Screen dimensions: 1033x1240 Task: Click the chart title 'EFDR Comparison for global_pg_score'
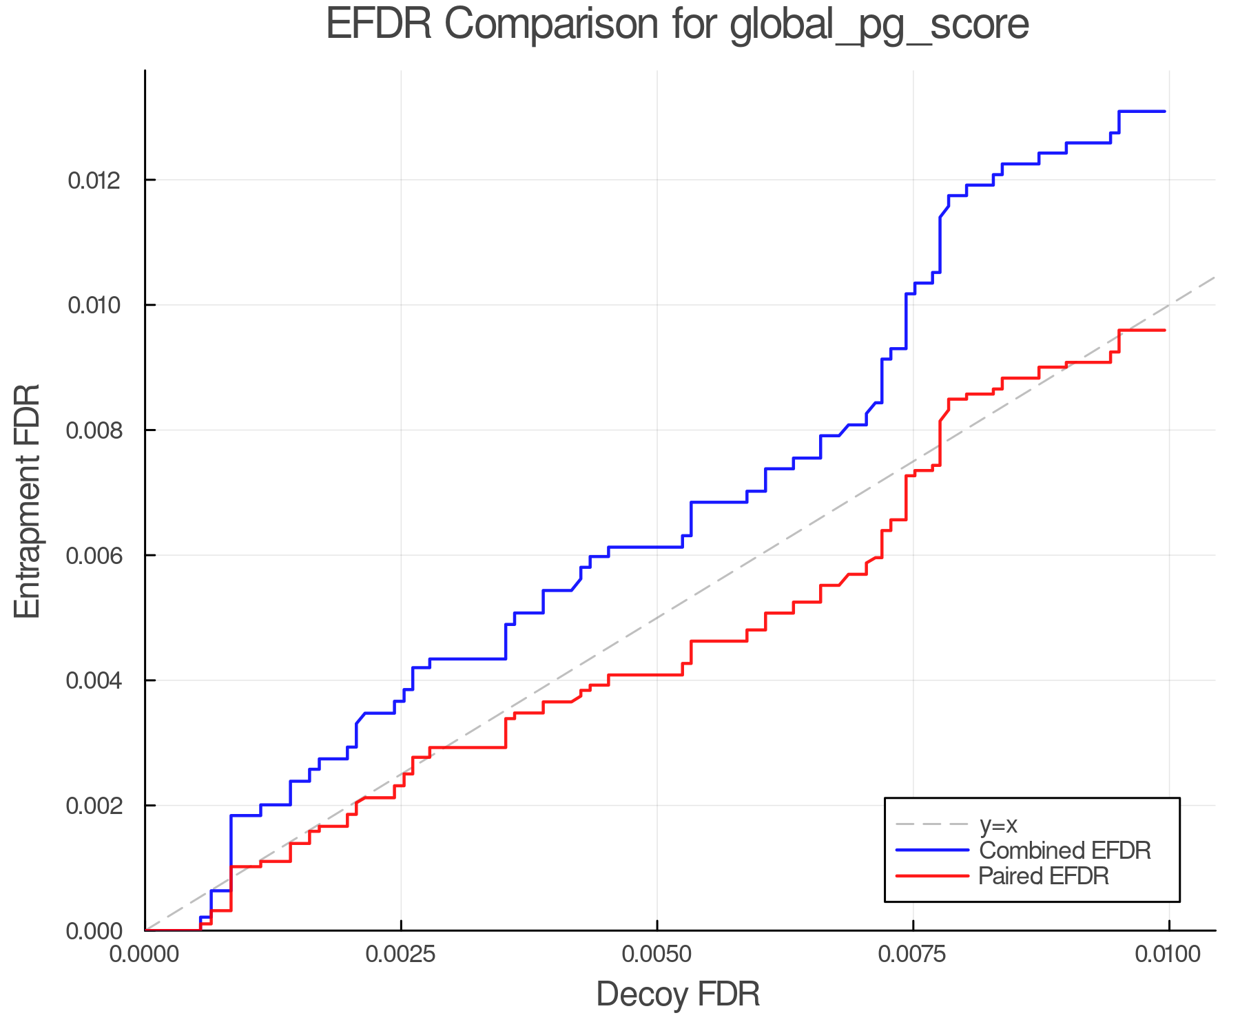pyautogui.click(x=677, y=25)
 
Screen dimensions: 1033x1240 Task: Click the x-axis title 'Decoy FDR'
pyautogui.click(x=678, y=994)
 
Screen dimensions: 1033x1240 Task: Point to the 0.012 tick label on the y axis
pyautogui.click(x=94, y=180)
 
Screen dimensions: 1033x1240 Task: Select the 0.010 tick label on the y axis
pyautogui.click(x=94, y=305)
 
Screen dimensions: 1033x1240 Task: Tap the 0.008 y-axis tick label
pyautogui.click(x=94, y=430)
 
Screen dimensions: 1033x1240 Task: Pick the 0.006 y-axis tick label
pyautogui.click(x=94, y=556)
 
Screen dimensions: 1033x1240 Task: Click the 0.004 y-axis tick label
pyautogui.click(x=94, y=680)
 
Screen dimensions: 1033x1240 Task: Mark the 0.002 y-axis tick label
pyautogui.click(x=94, y=806)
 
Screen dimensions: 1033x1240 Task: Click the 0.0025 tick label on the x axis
pyautogui.click(x=401, y=954)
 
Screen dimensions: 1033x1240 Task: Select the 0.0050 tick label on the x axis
pyautogui.click(x=657, y=954)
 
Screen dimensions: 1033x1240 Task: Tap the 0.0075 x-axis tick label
pyautogui.click(x=913, y=954)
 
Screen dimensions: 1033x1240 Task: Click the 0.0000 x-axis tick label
pyautogui.click(x=145, y=954)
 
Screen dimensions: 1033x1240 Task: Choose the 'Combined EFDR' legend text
pyautogui.click(x=1065, y=851)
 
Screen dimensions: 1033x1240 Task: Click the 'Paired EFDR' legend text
pyautogui.click(x=1044, y=876)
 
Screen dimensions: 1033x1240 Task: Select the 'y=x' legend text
pyautogui.click(x=998, y=824)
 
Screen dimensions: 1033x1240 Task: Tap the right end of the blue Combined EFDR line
pyautogui.click(x=1164, y=111)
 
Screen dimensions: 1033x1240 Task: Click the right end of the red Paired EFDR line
pyautogui.click(x=1164, y=331)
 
